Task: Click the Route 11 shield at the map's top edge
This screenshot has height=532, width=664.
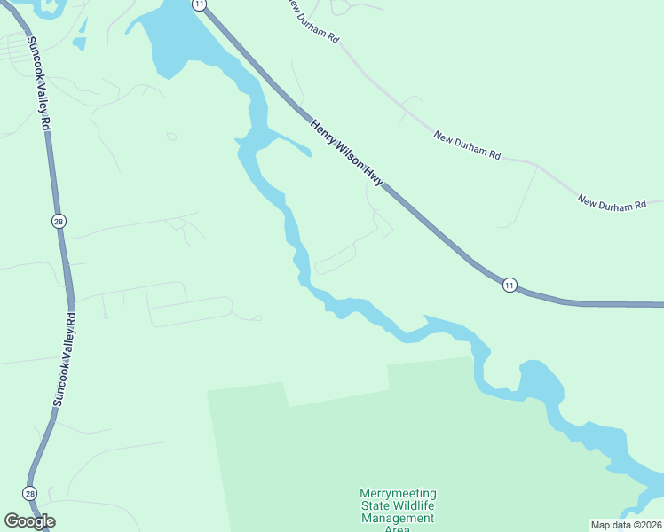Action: tap(200, 4)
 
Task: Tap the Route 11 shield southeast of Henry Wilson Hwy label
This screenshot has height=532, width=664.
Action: tap(509, 285)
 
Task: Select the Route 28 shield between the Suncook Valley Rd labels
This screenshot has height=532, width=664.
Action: tap(59, 222)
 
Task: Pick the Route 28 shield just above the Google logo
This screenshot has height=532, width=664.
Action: tap(30, 493)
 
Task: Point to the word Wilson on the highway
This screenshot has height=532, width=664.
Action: tap(350, 160)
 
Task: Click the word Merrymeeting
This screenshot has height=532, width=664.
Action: tap(398, 494)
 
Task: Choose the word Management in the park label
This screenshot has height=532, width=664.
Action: tap(398, 519)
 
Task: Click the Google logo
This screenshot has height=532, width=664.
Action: tap(29, 521)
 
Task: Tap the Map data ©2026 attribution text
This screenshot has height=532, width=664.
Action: tap(627, 524)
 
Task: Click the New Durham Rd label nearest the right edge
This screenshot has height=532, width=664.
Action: tap(612, 203)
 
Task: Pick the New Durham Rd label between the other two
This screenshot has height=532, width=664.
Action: tap(467, 145)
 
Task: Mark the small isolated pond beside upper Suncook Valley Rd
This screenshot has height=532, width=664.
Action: tap(79, 43)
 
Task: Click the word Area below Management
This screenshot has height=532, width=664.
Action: tap(398, 528)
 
